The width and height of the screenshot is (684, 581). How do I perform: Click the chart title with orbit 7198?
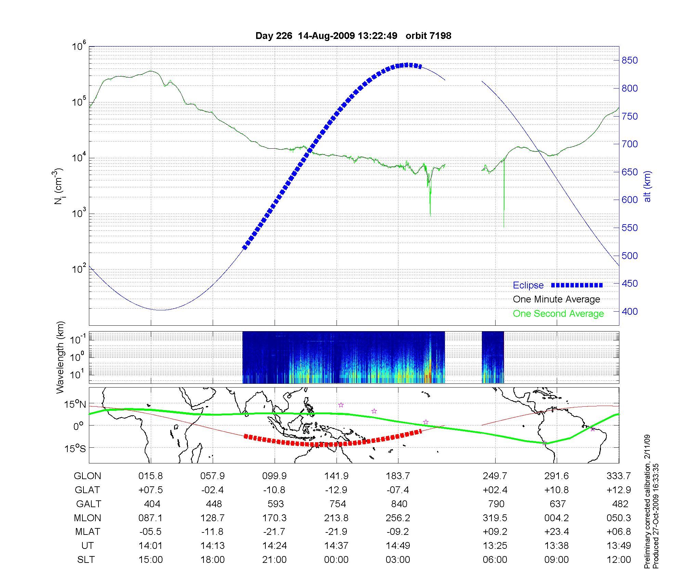353,36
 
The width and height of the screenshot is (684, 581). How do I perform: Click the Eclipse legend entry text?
528,285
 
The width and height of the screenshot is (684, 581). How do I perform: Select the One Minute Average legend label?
556,299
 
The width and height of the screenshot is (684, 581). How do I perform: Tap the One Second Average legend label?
558,314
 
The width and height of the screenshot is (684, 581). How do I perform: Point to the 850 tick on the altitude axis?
630,60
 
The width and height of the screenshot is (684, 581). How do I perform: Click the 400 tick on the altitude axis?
630,311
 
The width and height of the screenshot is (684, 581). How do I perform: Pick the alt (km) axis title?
647,186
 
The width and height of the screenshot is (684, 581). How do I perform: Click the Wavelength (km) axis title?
60,357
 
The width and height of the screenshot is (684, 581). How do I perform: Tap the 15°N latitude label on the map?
76,405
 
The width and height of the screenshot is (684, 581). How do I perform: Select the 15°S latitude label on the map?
76,448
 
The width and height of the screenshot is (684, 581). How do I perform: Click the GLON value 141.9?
337,476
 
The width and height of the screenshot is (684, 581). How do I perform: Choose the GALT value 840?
399,504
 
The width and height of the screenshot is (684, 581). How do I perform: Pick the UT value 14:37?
337,545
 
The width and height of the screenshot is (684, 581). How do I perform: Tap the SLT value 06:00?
495,559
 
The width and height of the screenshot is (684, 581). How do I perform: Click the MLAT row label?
88,532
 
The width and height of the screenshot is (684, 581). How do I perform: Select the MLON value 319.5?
495,518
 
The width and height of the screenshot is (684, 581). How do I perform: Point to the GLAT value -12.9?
337,490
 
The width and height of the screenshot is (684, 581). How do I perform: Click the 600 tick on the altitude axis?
630,200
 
